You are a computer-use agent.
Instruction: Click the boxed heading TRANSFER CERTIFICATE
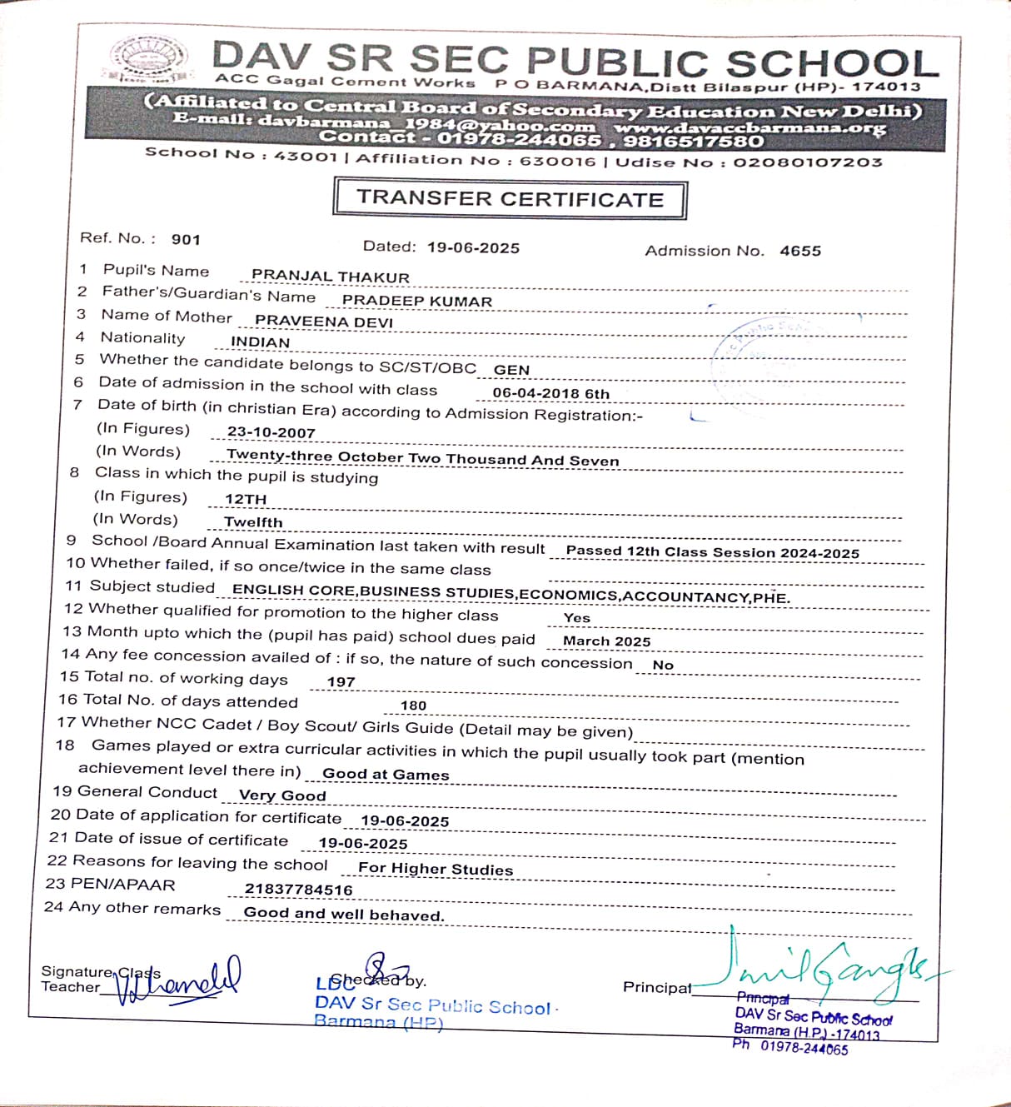pyautogui.click(x=510, y=199)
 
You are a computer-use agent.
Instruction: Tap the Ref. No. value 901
pyautogui.click(x=186, y=240)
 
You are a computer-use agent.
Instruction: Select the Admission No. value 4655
pyautogui.click(x=800, y=251)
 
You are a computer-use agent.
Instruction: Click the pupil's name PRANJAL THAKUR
pyautogui.click(x=331, y=277)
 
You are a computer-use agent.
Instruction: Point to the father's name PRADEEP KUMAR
pyautogui.click(x=417, y=301)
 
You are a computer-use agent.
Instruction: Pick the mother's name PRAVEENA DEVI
pyautogui.click(x=324, y=322)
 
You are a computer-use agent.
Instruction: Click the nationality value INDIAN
pyautogui.click(x=260, y=342)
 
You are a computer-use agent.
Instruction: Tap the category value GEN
pyautogui.click(x=511, y=370)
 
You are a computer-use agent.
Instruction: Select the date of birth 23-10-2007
pyautogui.click(x=271, y=433)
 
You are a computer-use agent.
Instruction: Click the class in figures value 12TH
pyautogui.click(x=246, y=500)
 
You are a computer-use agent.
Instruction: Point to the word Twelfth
pyautogui.click(x=253, y=523)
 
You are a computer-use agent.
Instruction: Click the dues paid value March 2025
pyautogui.click(x=606, y=641)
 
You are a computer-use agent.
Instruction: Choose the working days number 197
pyautogui.click(x=341, y=682)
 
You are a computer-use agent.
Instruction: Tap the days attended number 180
pyautogui.click(x=413, y=706)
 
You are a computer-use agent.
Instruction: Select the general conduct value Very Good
pyautogui.click(x=282, y=795)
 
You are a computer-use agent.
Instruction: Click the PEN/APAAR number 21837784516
pyautogui.click(x=298, y=890)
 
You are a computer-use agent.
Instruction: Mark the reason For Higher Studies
pyautogui.click(x=436, y=869)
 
